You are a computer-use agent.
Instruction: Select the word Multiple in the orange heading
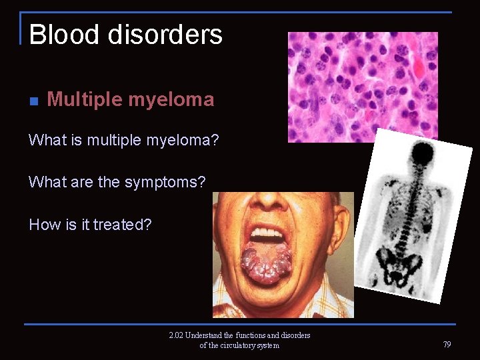85,99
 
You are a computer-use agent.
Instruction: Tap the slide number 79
447,345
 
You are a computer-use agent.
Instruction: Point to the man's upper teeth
267,235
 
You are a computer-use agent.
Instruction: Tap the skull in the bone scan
422,155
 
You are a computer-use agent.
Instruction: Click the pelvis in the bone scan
399,263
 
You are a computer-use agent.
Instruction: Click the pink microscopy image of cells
363,87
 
